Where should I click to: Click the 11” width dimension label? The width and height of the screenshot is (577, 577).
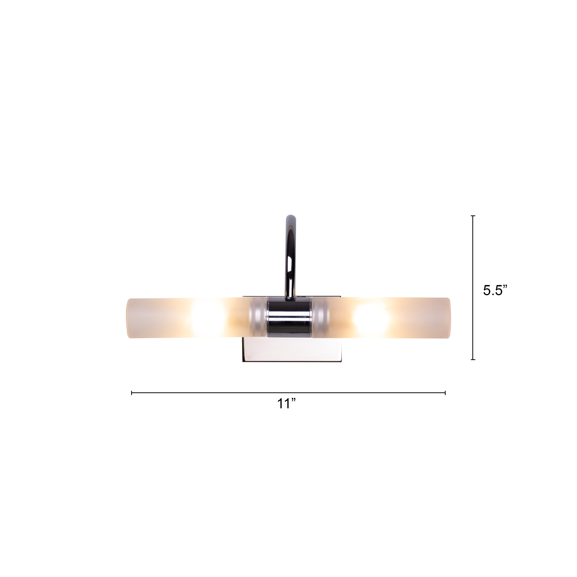tap(286, 404)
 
